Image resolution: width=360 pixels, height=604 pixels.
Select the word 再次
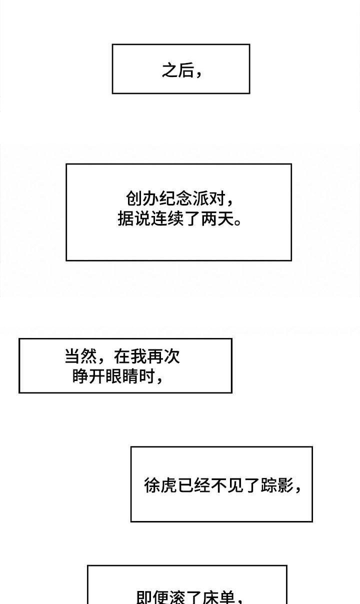tap(163, 356)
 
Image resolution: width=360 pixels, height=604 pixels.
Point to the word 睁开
tap(88, 376)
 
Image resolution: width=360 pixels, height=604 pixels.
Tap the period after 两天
tap(237, 222)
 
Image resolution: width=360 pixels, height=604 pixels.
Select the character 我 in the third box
tap(138, 356)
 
